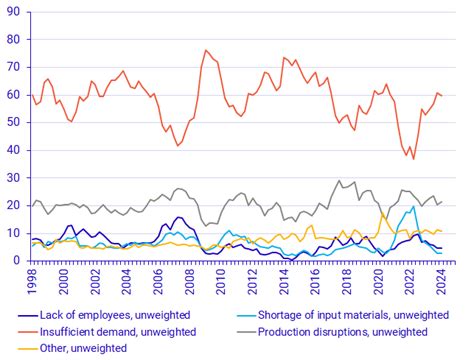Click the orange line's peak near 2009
[206, 50]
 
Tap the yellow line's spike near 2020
[382, 213]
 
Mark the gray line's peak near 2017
[339, 181]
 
